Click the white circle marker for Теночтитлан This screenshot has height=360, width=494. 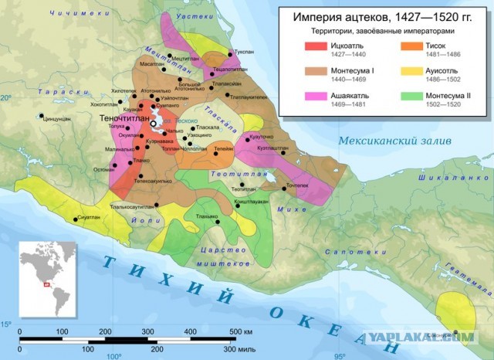pyautogui.click(x=154, y=123)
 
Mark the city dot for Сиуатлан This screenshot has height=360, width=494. pyautogui.click(x=76, y=219)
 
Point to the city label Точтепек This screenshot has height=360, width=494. pyautogui.click(x=297, y=185)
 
